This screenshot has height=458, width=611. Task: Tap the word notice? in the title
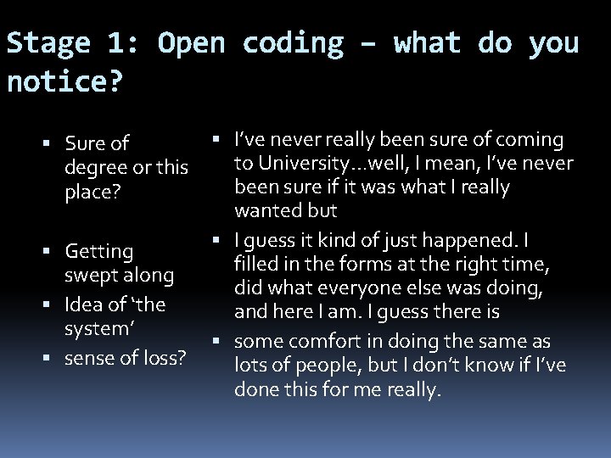click(64, 83)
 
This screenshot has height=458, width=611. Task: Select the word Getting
click(99, 252)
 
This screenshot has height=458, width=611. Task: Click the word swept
click(90, 276)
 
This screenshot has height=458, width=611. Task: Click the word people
click(318, 365)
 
